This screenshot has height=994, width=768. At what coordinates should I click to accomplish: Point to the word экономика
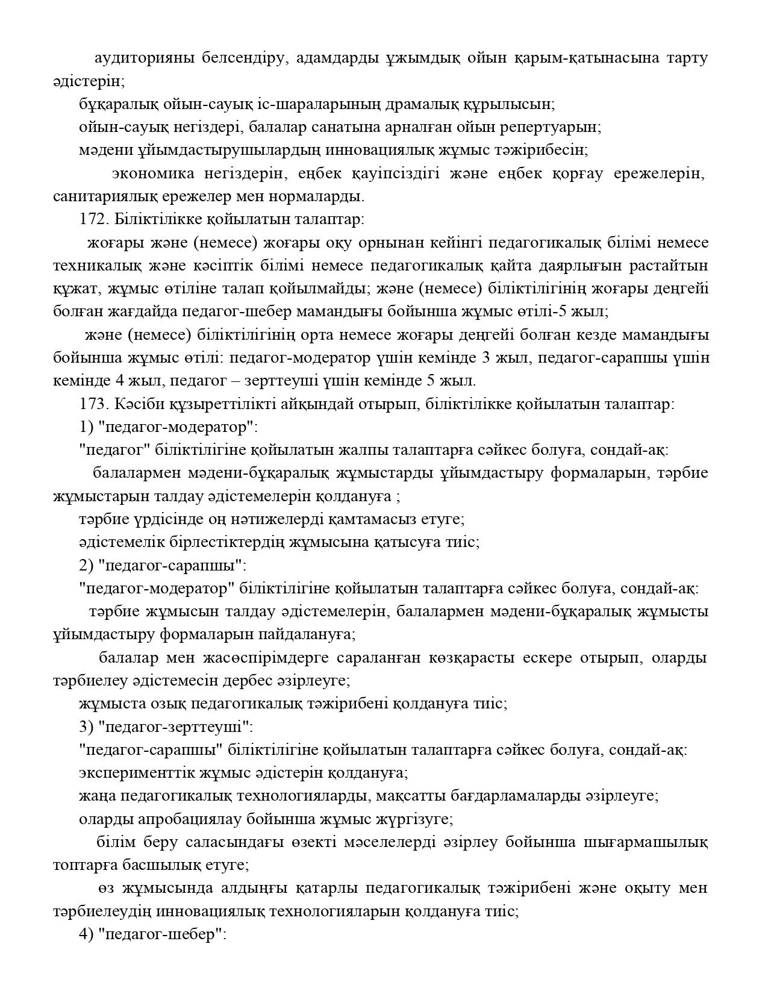153,173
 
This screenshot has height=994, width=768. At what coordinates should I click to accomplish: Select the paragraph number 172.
92,219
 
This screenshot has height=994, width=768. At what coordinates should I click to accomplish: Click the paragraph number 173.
92,404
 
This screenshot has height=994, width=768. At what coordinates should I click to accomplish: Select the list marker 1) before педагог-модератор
86,427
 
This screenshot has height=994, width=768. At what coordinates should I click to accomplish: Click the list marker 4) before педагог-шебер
86,935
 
